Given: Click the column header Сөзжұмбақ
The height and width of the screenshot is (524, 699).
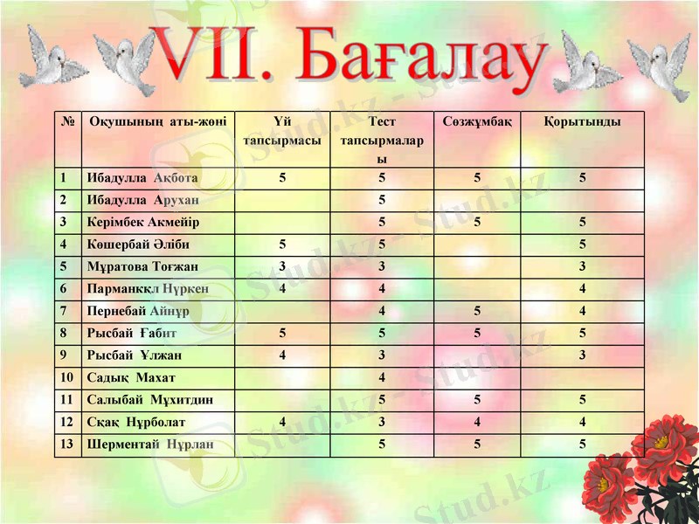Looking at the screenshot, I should (477, 121).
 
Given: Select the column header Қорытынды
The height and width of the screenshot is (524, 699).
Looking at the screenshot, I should (582, 121).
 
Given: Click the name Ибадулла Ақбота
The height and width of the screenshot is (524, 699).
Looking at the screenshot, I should (142, 178).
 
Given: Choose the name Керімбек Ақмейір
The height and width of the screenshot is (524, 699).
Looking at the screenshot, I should (143, 222).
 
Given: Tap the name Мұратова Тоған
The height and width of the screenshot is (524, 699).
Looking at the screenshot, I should (142, 266).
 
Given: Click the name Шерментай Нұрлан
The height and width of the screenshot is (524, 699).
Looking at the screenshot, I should (149, 445).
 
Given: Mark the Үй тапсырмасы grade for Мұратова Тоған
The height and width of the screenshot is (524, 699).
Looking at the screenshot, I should (282, 266).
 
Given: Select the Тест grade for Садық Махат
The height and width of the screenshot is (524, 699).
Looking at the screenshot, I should (382, 377).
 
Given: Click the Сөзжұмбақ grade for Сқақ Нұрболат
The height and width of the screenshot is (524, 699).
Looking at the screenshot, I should (477, 422).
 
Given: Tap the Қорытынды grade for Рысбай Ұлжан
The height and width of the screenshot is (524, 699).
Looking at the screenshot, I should (582, 355).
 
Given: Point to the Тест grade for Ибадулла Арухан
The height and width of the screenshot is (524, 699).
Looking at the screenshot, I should (382, 200).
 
